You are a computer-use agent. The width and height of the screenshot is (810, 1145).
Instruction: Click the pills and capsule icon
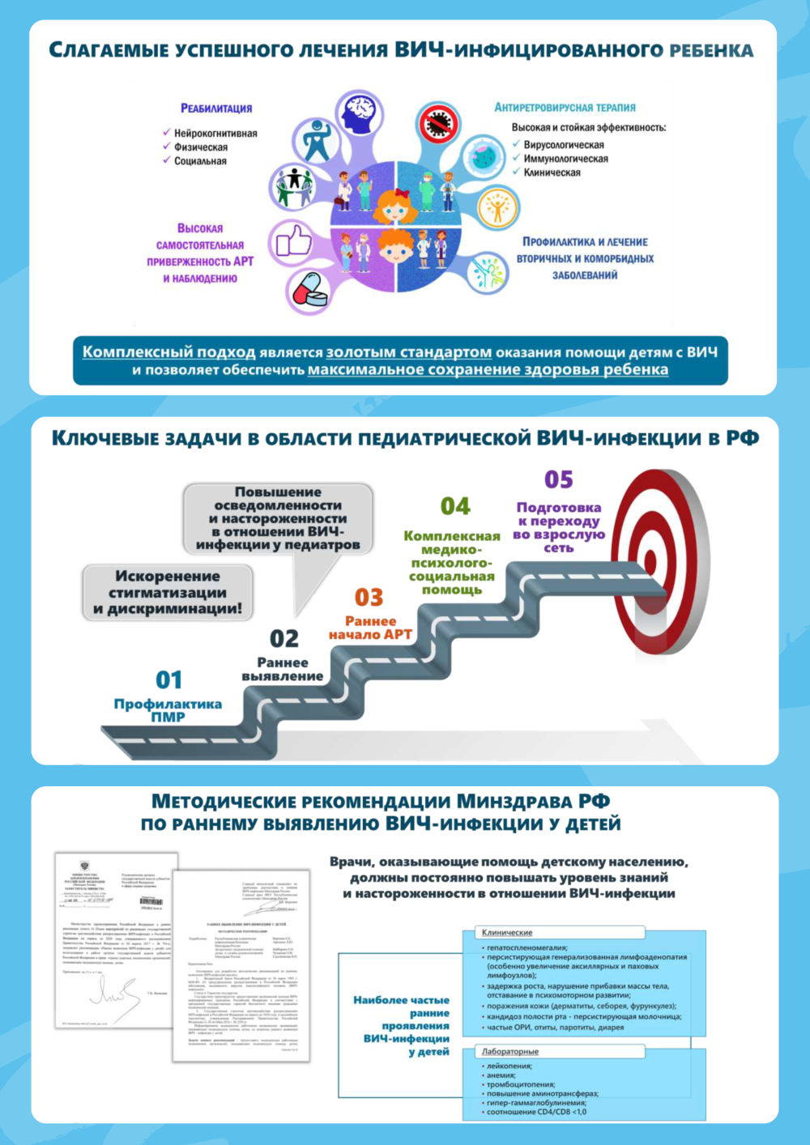[309, 289]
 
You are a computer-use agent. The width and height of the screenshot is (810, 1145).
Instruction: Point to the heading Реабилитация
[216, 109]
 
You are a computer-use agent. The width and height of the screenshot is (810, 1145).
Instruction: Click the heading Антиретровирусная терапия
[565, 108]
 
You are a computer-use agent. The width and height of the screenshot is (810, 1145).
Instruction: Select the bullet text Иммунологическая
[565, 159]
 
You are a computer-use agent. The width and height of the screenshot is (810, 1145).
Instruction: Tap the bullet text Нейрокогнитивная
[215, 134]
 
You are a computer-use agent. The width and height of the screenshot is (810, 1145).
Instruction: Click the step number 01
[168, 679]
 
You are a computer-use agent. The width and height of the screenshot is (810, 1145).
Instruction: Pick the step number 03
[369, 598]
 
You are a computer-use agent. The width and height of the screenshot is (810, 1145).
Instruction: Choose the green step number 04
[455, 507]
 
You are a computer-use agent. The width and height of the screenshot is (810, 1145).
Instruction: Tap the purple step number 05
[559, 480]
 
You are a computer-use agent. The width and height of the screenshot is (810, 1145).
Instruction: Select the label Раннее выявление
[282, 669]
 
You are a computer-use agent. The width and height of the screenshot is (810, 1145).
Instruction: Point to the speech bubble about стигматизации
[168, 593]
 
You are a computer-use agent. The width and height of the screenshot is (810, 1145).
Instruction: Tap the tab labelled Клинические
[507, 933]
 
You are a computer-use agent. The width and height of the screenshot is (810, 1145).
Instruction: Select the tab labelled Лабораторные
[510, 1051]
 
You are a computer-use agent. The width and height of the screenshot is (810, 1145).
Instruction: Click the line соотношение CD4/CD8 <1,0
[536, 1112]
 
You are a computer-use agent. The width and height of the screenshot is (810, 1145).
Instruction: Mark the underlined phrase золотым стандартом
[408, 352]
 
